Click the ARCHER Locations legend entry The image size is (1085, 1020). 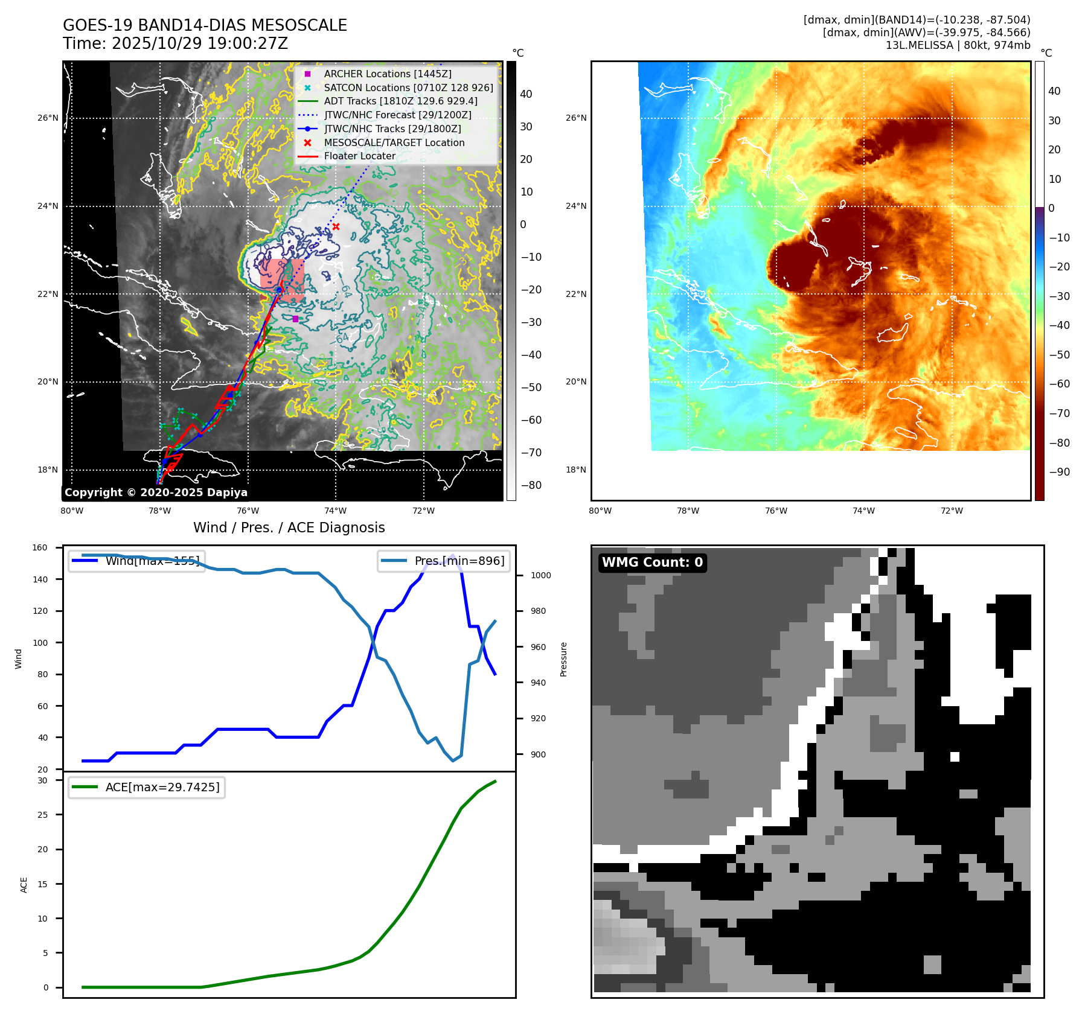[x=387, y=74]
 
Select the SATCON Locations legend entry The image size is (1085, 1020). [x=408, y=88]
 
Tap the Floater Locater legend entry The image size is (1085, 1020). [x=359, y=156]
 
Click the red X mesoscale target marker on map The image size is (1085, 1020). [x=336, y=227]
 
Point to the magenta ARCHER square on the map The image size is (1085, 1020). [x=295, y=319]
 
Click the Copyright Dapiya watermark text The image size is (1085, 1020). [x=156, y=492]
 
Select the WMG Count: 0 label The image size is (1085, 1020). [x=652, y=563]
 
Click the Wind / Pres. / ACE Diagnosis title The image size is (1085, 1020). [x=289, y=528]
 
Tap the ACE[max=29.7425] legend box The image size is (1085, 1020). [x=147, y=787]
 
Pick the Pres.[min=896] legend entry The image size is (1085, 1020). [x=444, y=561]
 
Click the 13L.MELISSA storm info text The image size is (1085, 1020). [x=958, y=45]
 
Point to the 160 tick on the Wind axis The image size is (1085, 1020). [x=40, y=548]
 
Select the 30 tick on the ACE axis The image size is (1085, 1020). [x=42, y=780]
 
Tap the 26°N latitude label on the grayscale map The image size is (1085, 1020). [x=48, y=118]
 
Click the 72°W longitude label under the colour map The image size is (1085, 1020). [x=952, y=511]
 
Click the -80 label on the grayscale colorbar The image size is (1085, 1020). [x=531, y=485]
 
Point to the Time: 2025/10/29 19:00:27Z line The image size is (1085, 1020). [x=175, y=43]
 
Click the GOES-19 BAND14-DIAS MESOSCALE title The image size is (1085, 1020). [x=205, y=25]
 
